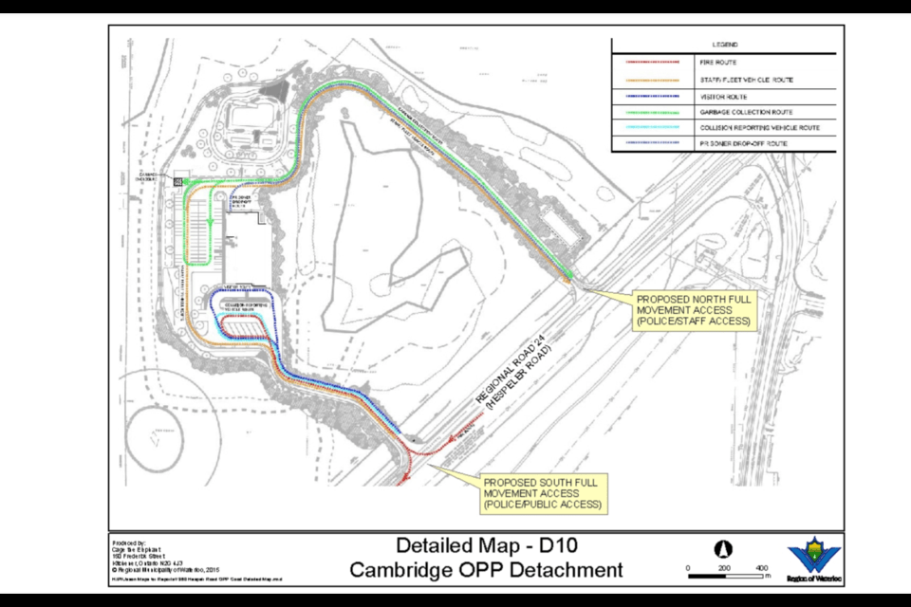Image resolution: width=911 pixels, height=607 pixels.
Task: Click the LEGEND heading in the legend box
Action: click(725, 45)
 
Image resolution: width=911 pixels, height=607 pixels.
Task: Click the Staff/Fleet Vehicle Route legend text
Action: click(753, 80)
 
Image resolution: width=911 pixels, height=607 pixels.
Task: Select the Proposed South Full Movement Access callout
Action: click(542, 493)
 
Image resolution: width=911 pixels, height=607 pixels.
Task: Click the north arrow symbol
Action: click(724, 549)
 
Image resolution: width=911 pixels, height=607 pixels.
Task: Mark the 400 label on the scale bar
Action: click(761, 566)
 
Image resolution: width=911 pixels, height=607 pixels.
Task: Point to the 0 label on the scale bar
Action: click(688, 566)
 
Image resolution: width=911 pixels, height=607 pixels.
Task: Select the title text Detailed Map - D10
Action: click(486, 545)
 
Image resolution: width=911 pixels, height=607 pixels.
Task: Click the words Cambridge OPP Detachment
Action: click(486, 569)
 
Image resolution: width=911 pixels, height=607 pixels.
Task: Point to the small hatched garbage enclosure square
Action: click(177, 179)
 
